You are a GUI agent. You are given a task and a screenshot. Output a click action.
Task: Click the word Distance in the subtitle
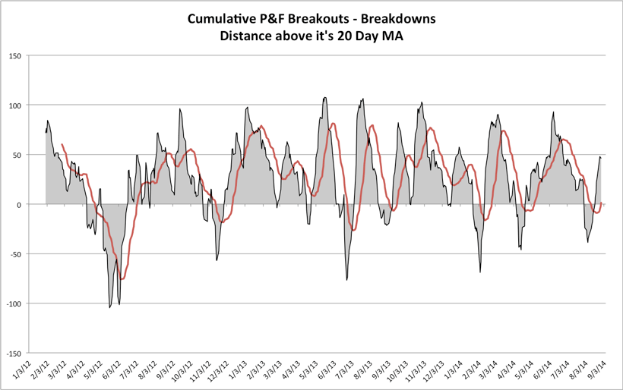247,36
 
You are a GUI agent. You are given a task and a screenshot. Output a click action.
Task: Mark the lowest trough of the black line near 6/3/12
109,307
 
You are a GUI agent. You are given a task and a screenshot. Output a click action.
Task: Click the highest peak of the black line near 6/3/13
325,97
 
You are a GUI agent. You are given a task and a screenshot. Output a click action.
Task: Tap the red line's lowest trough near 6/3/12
122,278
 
